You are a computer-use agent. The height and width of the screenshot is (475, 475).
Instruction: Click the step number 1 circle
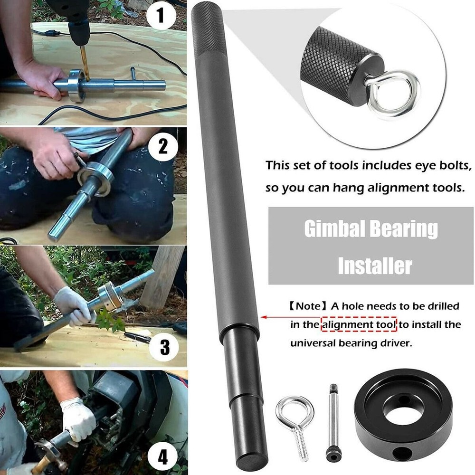tap(161, 18)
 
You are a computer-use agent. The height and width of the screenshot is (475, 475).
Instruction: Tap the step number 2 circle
tap(162, 147)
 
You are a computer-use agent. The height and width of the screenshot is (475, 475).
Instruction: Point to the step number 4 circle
tap(162, 458)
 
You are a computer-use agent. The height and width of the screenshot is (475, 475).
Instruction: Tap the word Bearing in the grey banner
tap(406, 229)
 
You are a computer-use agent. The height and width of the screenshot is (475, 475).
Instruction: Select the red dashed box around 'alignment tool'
tap(359, 325)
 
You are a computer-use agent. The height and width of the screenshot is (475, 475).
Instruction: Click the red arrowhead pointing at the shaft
tap(263, 316)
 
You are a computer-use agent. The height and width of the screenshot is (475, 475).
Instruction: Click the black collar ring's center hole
tap(402, 412)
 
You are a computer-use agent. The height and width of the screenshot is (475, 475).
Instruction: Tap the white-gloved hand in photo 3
tap(71, 304)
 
